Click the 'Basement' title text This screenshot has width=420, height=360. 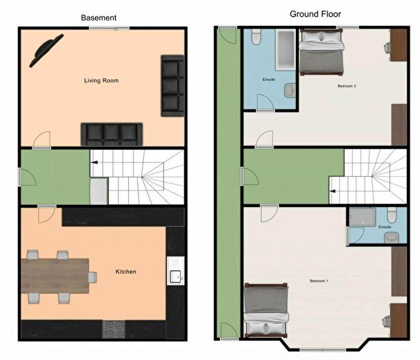99,17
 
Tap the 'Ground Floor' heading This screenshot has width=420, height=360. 315,14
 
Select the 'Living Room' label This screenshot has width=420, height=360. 101,81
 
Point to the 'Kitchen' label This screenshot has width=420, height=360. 125,272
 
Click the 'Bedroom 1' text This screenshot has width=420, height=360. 319,282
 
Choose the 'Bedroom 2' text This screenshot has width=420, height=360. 346,86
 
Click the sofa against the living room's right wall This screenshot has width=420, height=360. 172,86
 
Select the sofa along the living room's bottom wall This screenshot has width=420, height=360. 111,134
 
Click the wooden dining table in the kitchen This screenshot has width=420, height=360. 55,276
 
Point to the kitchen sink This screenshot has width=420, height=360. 174,276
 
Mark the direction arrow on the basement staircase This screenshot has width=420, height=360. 95,163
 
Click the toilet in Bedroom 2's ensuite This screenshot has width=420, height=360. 256,38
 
